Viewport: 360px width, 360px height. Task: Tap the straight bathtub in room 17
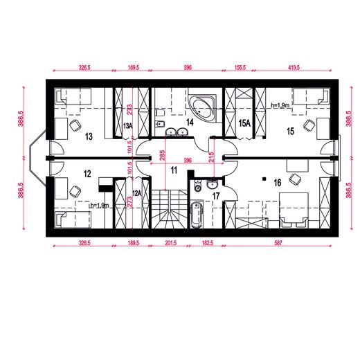point(197,215)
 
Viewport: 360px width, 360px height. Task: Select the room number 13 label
point(89,136)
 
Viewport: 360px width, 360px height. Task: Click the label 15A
point(244,123)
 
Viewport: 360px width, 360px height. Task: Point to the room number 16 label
point(278,183)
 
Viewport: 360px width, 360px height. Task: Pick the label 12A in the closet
point(136,193)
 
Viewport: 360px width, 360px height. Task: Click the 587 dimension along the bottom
point(278,242)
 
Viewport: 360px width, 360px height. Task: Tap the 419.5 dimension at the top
point(294,68)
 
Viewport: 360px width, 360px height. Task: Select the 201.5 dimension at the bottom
point(171,242)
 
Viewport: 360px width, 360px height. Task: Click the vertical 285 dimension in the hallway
point(162,155)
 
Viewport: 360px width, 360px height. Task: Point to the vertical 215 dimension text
point(211,157)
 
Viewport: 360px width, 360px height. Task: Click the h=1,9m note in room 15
point(280,105)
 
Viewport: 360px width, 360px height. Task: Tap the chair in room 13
point(75,126)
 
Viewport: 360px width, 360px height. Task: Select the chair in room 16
point(295,179)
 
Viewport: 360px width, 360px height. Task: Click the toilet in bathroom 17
point(198,186)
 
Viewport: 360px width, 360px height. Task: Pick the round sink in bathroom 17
point(212,184)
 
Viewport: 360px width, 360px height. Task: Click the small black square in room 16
point(264,179)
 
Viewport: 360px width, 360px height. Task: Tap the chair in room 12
point(75,192)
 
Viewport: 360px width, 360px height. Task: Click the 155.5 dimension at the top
point(240,68)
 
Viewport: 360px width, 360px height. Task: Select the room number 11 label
point(174,170)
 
